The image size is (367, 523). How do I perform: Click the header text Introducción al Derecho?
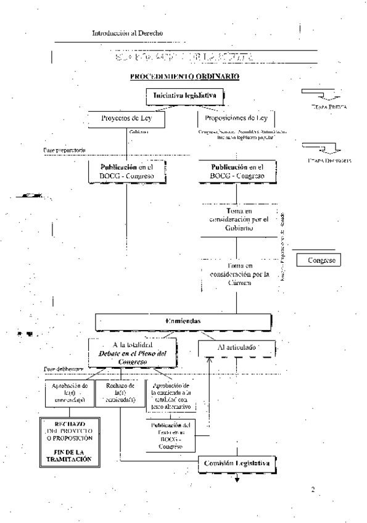[x=128, y=32]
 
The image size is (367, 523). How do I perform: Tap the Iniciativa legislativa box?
[x=183, y=96]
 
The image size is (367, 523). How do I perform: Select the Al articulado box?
[x=237, y=348]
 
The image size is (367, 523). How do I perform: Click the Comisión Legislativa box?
[x=237, y=463]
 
